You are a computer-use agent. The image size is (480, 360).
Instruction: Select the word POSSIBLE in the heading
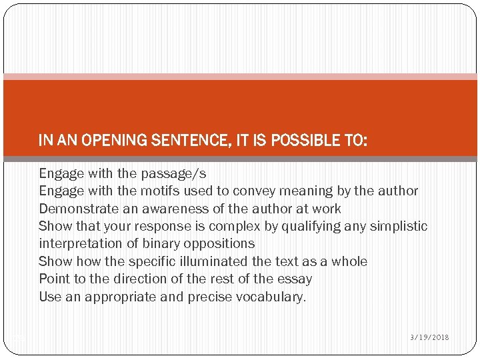tap(300, 140)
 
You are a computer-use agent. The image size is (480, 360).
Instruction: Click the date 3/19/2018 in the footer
tap(429, 337)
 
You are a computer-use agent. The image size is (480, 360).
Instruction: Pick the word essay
tap(293, 279)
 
